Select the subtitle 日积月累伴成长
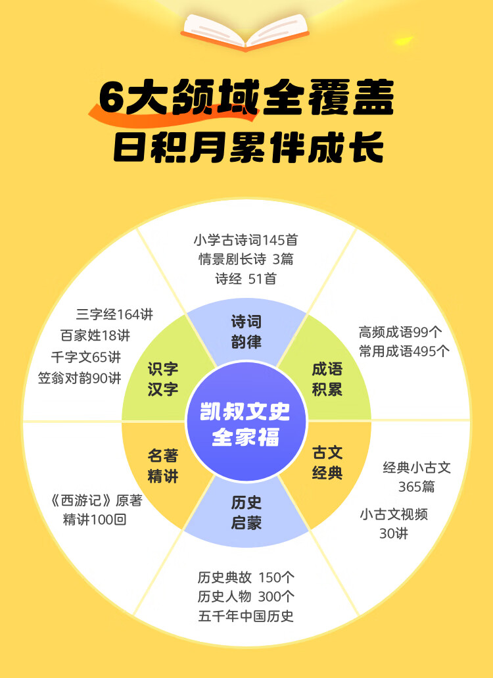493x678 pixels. (246, 149)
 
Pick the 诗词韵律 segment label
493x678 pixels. (246, 332)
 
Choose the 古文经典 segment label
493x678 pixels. (327, 462)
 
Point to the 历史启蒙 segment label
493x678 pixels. (246, 513)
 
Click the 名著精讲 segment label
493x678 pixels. (163, 466)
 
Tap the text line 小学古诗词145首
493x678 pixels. (246, 240)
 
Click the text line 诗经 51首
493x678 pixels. (246, 279)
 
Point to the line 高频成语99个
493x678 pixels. (400, 332)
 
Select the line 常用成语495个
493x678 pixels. (404, 351)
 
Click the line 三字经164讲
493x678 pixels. (114, 314)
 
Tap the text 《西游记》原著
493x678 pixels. (95, 500)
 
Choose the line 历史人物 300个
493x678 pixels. (246, 597)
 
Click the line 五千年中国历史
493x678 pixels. (246, 616)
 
